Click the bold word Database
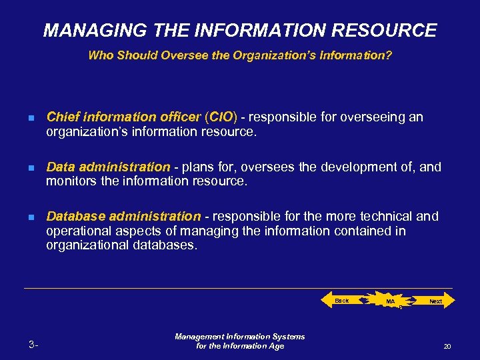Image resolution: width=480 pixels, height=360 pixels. [75, 216]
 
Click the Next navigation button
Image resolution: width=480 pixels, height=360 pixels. [436, 301]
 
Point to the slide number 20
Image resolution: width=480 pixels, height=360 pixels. [447, 347]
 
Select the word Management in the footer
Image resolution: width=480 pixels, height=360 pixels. [199, 337]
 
